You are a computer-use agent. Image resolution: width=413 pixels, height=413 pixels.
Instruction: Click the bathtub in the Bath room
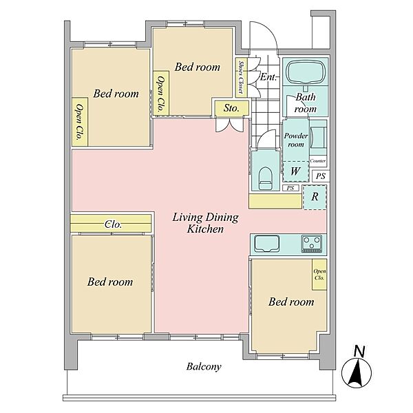pos(305,72)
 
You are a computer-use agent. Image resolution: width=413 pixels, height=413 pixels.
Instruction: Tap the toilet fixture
pos(266,178)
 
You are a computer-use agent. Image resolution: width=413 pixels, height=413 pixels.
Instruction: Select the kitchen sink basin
pos(266,244)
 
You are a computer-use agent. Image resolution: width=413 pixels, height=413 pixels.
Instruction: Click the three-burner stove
pos(312,244)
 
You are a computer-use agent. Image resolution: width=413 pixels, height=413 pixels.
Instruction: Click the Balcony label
pos(204,367)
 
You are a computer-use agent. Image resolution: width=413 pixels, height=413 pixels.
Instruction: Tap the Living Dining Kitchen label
pos(205,223)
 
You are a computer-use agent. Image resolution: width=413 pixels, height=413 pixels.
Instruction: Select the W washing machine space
pos(296,171)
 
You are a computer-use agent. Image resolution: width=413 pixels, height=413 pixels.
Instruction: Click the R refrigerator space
pos(315,197)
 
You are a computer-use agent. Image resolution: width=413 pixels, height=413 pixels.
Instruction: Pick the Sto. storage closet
pos(231,108)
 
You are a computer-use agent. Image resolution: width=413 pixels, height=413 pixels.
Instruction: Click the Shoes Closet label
pos(241,77)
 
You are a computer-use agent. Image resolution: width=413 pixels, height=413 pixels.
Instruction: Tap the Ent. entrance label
pos(268,77)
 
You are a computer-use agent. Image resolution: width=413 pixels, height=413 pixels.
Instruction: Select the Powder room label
pos(296,140)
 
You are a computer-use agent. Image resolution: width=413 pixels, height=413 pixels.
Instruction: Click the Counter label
pos(317,160)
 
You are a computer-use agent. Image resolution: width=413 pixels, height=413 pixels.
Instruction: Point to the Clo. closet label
pos(113,224)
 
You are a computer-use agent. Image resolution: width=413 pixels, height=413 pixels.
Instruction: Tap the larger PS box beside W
pos(321,176)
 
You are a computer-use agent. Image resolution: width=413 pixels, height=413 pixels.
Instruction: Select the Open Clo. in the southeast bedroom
pos(319,275)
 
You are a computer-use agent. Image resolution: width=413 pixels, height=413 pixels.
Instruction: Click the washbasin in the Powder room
pos(317,137)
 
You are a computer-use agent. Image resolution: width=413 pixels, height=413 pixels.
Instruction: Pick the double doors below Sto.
pos(229,125)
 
